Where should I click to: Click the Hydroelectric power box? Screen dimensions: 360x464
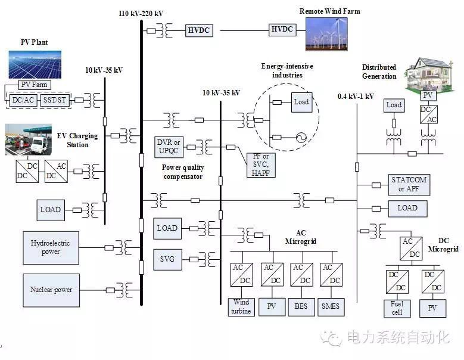(x=51, y=247)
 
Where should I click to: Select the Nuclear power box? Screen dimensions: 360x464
(x=51, y=290)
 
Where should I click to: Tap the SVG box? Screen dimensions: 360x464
(x=167, y=259)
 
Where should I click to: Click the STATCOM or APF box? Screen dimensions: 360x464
(x=409, y=185)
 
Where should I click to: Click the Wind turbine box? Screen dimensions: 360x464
(x=241, y=306)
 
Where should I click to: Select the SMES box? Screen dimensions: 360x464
(x=330, y=306)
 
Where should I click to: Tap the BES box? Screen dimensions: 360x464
(x=301, y=306)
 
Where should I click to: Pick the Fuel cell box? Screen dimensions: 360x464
(x=396, y=308)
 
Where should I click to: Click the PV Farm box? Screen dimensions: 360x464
(x=35, y=85)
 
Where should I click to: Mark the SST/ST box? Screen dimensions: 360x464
(x=55, y=101)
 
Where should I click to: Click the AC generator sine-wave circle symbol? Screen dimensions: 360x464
(x=301, y=138)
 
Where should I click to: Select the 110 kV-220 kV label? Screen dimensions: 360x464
(x=141, y=13)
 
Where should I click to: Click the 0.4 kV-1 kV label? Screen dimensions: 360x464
(x=356, y=96)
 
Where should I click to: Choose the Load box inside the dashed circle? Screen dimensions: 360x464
(x=301, y=102)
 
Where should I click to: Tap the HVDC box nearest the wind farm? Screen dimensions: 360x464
(x=283, y=29)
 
